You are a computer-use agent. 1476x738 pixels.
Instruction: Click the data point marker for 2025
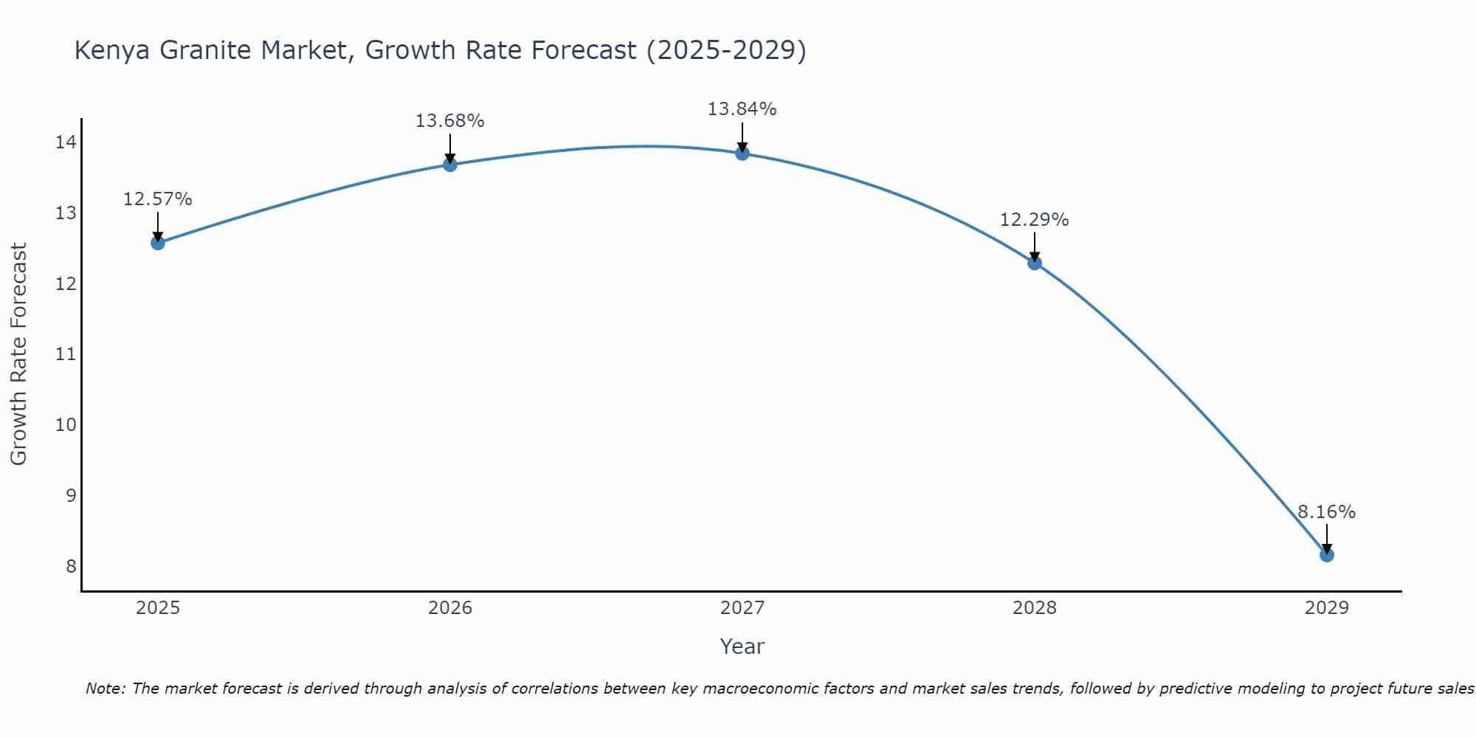pyautogui.click(x=158, y=243)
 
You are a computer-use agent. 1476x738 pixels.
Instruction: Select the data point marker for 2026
pyautogui.click(x=450, y=165)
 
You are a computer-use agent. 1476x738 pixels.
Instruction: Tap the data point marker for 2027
pyautogui.click(x=742, y=154)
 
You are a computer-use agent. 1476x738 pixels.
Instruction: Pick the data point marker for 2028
pyautogui.click(x=1035, y=263)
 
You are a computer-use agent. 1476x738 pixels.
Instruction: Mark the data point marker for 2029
pyautogui.click(x=1327, y=555)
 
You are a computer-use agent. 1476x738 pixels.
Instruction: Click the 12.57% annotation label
pyautogui.click(x=158, y=199)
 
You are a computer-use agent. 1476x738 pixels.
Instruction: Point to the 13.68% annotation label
pyautogui.click(x=450, y=121)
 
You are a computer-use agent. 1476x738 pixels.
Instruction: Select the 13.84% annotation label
pyautogui.click(x=742, y=109)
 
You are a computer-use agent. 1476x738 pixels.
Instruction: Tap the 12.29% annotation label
pyautogui.click(x=1035, y=220)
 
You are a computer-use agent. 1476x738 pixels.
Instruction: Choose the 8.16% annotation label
pyautogui.click(x=1327, y=512)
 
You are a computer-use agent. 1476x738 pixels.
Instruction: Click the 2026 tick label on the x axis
pyautogui.click(x=450, y=608)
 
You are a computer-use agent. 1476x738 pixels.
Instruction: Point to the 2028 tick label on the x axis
pyautogui.click(x=1035, y=608)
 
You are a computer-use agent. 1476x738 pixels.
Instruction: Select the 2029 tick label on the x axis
pyautogui.click(x=1327, y=608)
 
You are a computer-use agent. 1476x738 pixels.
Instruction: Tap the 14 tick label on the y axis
pyautogui.click(x=66, y=142)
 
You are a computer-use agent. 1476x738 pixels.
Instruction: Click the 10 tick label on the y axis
pyautogui.click(x=66, y=425)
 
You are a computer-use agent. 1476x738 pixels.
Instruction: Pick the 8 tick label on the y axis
pyautogui.click(x=71, y=566)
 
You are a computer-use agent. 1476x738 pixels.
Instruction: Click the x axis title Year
pyautogui.click(x=742, y=646)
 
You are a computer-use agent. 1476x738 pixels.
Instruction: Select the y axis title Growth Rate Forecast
pyautogui.click(x=19, y=354)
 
